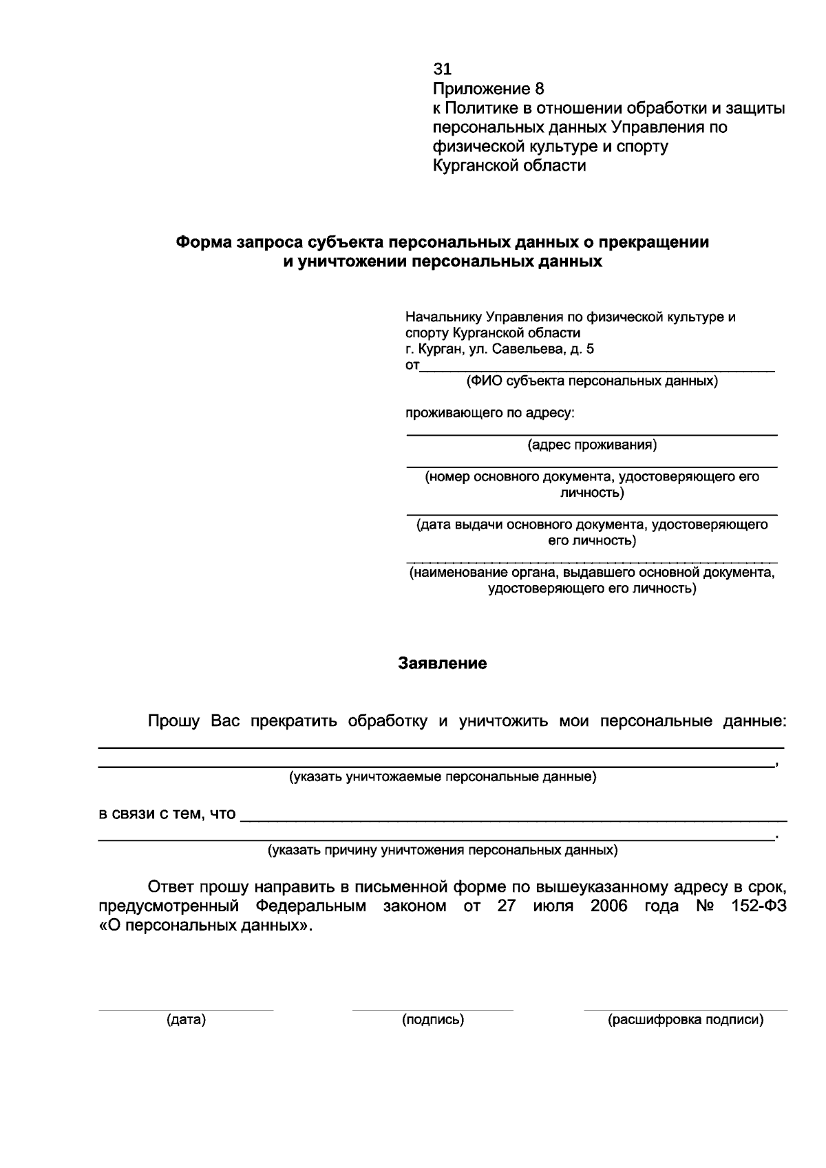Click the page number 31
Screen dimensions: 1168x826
pos(442,69)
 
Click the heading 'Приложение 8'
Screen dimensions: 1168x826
pos(488,89)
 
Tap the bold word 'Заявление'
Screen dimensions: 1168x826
pos(443,663)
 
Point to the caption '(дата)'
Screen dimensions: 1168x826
pos(186,1020)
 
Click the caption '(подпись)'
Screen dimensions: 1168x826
pos(433,1020)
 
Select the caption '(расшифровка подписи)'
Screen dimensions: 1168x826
pos(686,1020)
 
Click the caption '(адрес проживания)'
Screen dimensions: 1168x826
pos(592,445)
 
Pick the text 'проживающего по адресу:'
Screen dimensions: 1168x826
pos(489,414)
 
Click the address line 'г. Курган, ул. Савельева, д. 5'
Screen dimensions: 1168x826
pos(500,349)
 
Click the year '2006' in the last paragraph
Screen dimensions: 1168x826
pos(608,906)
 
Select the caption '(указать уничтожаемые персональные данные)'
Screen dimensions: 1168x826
pos(442,777)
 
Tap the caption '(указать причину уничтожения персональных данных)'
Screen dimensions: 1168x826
pos(442,850)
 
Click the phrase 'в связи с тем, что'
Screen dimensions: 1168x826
pos(167,814)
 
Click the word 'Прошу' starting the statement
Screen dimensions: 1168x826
pos(174,721)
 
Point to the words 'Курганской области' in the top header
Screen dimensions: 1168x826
pos(509,166)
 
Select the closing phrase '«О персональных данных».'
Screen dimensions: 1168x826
pos(205,926)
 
